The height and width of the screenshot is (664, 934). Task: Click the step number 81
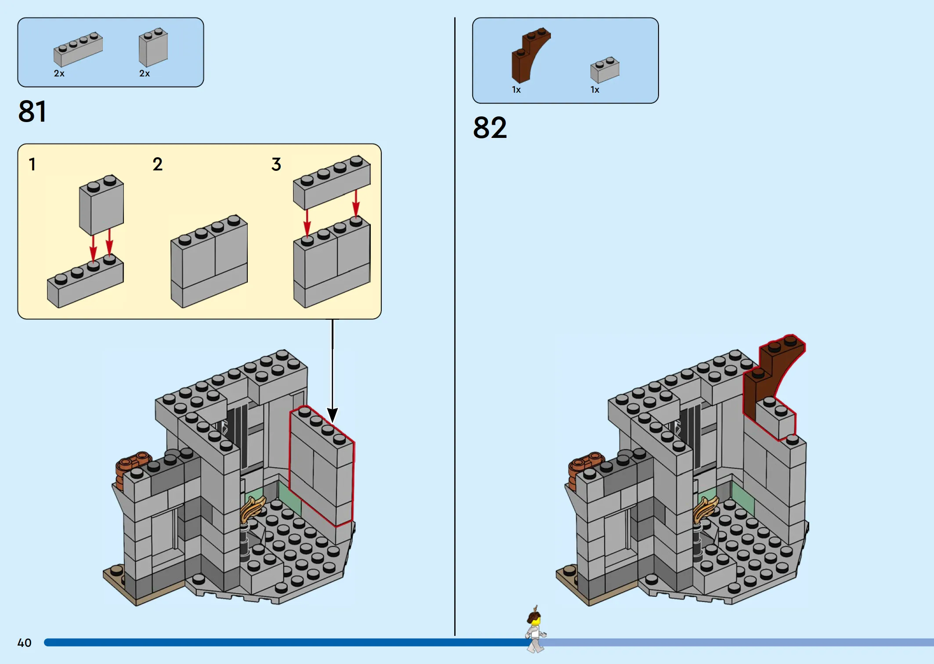(32, 112)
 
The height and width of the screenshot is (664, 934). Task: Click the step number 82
(490, 128)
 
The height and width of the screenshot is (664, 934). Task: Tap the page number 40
(25, 643)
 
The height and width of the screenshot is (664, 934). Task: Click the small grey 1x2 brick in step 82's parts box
(605, 69)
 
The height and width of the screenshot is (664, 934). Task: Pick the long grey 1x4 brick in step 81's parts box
(78, 49)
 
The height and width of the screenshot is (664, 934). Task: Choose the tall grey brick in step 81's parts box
(153, 47)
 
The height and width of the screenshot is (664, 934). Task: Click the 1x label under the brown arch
(516, 90)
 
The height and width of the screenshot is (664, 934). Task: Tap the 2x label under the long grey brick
(59, 73)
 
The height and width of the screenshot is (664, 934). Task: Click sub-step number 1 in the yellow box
(32, 164)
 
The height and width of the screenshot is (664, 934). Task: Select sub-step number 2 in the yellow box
(158, 164)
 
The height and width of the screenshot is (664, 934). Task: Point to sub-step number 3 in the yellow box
(276, 164)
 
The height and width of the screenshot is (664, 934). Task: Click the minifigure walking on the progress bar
(536, 629)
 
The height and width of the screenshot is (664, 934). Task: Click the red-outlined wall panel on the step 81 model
(322, 466)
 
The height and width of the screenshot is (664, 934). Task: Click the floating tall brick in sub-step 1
(101, 205)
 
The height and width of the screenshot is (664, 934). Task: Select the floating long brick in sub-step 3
(332, 182)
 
